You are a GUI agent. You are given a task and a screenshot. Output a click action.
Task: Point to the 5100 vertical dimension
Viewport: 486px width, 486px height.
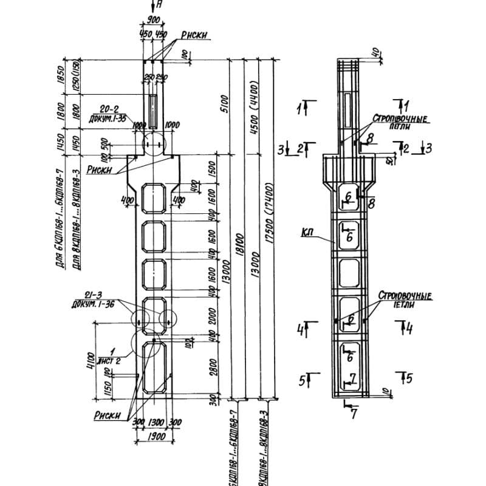point(224,100)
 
